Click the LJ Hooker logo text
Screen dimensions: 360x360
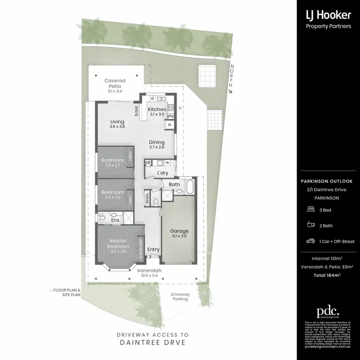point(329,15)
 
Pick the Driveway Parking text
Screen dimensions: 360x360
point(180,296)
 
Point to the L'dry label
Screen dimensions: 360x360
point(161,174)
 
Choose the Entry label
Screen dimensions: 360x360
point(153,250)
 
